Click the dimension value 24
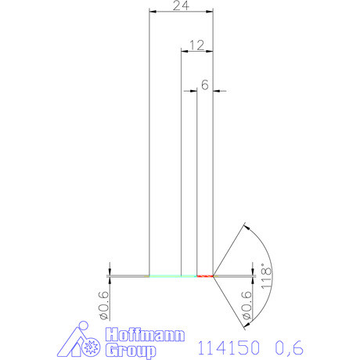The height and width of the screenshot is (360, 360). pyautogui.click(x=181, y=5)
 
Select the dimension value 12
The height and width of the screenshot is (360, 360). pyautogui.click(x=196, y=45)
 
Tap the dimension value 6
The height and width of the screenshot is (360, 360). pyautogui.click(x=204, y=85)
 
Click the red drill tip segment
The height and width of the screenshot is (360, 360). pyautogui.click(x=205, y=275)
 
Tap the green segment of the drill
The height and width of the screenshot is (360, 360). pyautogui.click(x=172, y=275)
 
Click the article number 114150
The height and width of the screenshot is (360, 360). pyautogui.click(x=228, y=345)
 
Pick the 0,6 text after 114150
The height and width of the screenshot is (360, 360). pyautogui.click(x=288, y=345)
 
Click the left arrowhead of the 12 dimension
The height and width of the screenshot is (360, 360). pyautogui.click(x=185, y=51)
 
